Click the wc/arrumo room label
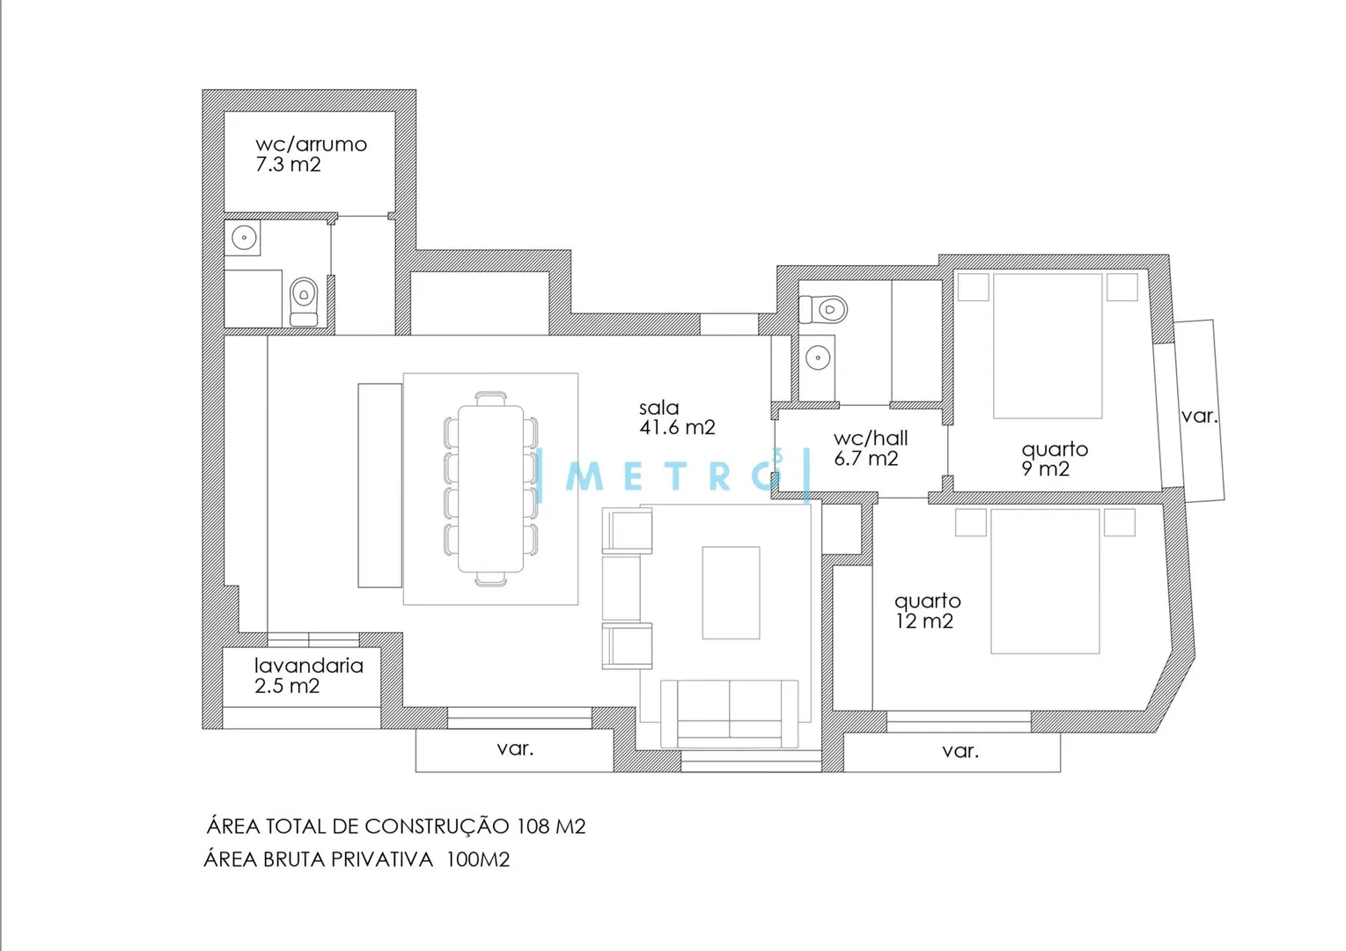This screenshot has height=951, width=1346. point(312,144)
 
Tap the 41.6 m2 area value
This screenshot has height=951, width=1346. point(677,427)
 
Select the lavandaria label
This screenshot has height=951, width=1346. point(309,666)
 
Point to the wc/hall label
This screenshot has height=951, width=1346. point(871,439)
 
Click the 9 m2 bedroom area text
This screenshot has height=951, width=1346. point(1046,468)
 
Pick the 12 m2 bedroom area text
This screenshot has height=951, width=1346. point(924,621)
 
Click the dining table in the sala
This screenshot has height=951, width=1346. point(491,489)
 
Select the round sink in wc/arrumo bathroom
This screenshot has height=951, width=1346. point(244,238)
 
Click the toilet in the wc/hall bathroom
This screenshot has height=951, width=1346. point(823,310)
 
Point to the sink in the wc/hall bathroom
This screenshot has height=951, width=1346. point(818,358)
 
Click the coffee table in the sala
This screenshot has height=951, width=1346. point(731,593)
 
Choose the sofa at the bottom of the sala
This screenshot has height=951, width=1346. point(730,714)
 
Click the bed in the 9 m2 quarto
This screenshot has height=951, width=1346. point(1048,346)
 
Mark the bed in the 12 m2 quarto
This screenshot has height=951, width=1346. point(1045,581)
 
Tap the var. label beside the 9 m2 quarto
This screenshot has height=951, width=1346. point(1199,416)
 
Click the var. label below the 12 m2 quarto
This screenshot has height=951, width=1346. point(960,750)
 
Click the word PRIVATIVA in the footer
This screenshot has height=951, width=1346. point(381,859)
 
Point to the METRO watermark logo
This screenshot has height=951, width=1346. point(675,475)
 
